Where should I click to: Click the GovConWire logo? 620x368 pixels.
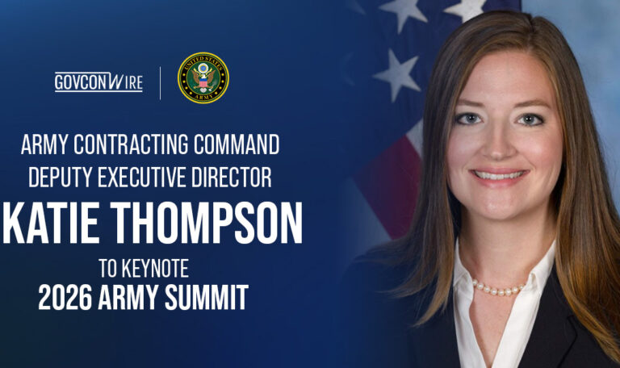98,82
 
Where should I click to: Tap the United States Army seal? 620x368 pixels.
203,77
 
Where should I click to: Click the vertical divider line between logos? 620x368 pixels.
160,82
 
